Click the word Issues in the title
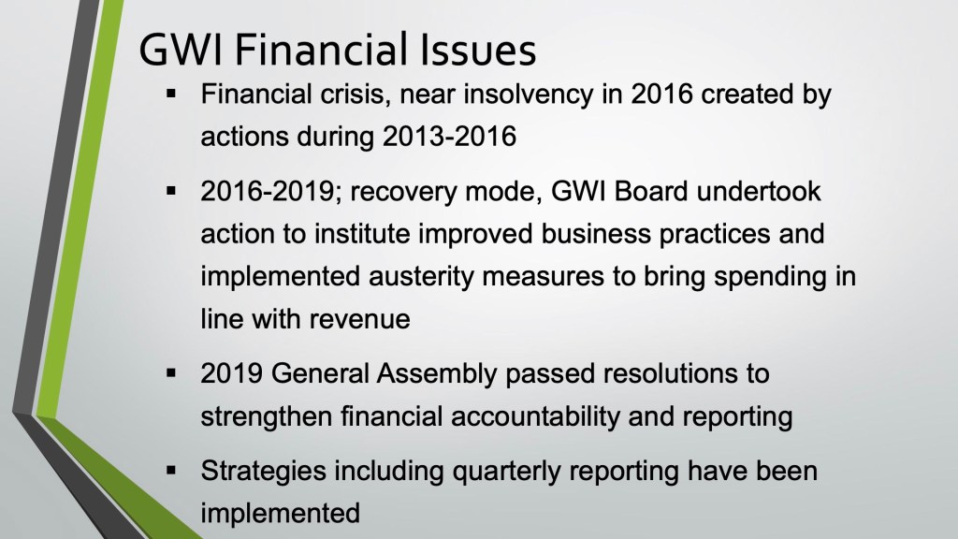[x=477, y=50]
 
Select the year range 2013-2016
[x=449, y=136]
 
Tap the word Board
[x=651, y=192]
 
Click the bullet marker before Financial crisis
[x=171, y=95]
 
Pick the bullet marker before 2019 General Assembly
[x=171, y=372]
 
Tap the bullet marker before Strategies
[x=171, y=470]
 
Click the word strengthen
[x=266, y=416]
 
